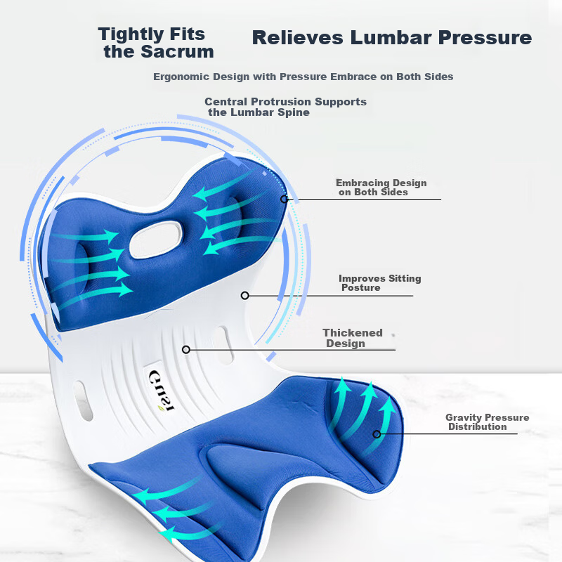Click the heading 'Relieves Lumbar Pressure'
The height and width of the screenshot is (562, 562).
click(392, 38)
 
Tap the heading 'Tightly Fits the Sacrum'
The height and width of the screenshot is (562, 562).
click(156, 43)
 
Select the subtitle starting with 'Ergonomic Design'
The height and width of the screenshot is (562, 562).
click(303, 77)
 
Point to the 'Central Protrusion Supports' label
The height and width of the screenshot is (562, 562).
click(286, 102)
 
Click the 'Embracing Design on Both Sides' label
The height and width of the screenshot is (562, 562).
click(381, 188)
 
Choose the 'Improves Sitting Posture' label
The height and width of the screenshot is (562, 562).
click(379, 283)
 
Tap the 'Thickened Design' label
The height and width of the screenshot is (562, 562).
click(353, 338)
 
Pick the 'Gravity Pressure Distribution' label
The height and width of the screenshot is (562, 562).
click(487, 422)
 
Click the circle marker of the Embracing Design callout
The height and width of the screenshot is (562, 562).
click(285, 199)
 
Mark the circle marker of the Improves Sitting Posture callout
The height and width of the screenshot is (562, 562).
click(244, 296)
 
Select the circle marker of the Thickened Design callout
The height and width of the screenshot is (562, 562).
click(186, 349)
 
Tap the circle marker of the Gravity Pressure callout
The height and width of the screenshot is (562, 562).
click(377, 434)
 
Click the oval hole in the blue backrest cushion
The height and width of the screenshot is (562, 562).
click(156, 240)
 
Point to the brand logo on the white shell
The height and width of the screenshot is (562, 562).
click(162, 391)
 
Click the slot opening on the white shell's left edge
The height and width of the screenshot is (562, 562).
click(83, 400)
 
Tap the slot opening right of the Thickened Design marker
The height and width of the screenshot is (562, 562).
click(224, 345)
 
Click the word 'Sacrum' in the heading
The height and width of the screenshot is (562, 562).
click(178, 51)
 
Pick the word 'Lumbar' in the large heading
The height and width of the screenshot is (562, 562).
click(391, 38)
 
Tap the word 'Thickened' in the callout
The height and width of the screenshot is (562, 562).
click(353, 332)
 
